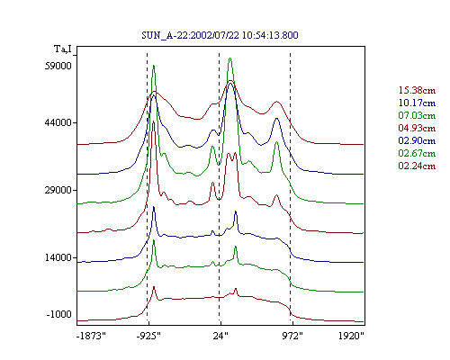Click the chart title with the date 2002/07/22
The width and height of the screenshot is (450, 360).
click(x=220, y=35)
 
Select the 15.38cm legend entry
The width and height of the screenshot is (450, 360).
click(x=417, y=90)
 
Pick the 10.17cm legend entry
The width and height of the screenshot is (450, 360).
click(x=417, y=103)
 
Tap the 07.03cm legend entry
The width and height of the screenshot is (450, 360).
click(x=417, y=115)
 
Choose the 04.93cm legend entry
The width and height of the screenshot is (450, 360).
click(x=417, y=128)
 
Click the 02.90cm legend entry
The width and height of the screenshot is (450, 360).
click(x=417, y=140)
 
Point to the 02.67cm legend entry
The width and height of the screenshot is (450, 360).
click(x=417, y=153)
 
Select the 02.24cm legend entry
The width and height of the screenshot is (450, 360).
click(x=417, y=166)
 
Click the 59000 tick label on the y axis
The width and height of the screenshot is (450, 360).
click(x=58, y=66)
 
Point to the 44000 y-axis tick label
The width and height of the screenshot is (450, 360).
click(x=58, y=122)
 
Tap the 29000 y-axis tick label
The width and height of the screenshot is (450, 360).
click(x=58, y=190)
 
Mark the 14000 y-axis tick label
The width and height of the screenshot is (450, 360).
click(x=58, y=257)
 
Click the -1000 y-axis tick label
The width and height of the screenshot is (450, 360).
click(x=59, y=314)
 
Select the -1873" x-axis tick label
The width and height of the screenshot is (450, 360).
click(x=91, y=336)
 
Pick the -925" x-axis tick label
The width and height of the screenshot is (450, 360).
click(x=148, y=336)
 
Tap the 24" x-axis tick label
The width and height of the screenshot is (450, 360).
click(x=220, y=336)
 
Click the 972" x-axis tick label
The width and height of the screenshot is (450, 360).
click(x=292, y=336)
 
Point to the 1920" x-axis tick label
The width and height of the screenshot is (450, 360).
click(x=351, y=336)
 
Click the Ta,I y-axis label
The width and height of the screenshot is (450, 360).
click(x=63, y=49)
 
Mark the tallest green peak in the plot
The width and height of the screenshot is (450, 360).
click(x=229, y=58)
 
